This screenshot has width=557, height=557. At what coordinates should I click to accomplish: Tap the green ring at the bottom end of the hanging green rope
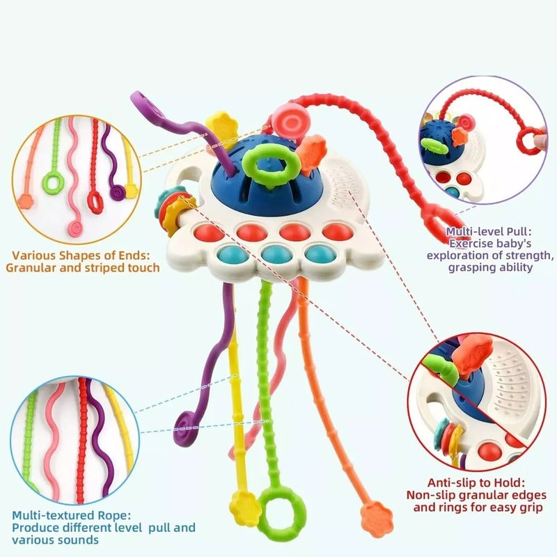pos(263,512)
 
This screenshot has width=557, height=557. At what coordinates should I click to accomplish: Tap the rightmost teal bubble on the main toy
pos(320,253)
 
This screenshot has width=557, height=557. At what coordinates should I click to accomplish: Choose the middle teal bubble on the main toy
pos(276,253)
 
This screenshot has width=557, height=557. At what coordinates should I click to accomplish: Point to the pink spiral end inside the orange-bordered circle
pos(75,229)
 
